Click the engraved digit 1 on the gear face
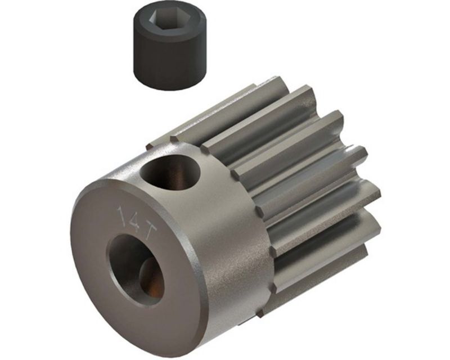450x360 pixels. [x=121, y=215]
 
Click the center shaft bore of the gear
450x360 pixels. [x=135, y=265]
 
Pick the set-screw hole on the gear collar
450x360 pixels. [x=172, y=172]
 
